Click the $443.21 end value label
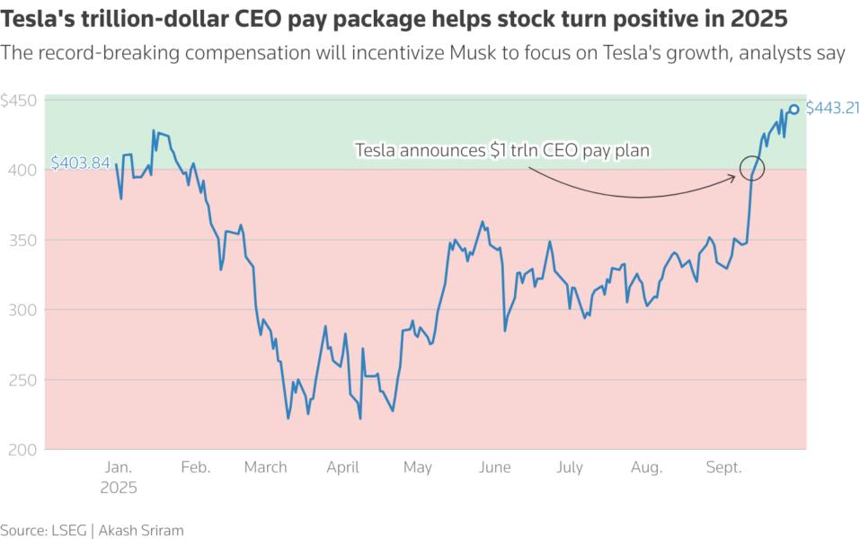[833, 109]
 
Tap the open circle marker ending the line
[794, 110]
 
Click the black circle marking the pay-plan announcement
[751, 167]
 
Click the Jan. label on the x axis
[119, 468]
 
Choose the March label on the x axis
[265, 468]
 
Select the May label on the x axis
[417, 468]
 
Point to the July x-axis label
[570, 468]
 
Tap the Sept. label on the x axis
[723, 468]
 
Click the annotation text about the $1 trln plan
[501, 151]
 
